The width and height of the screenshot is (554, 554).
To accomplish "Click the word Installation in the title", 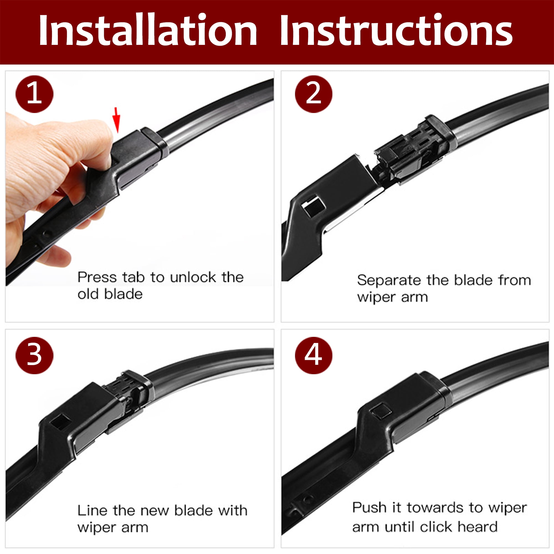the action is tap(148, 30).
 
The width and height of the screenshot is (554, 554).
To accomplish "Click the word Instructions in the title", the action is tap(396, 30).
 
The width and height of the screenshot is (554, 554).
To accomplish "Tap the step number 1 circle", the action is tap(34, 94).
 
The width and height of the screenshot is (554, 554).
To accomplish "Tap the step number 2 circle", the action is tap(314, 94).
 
